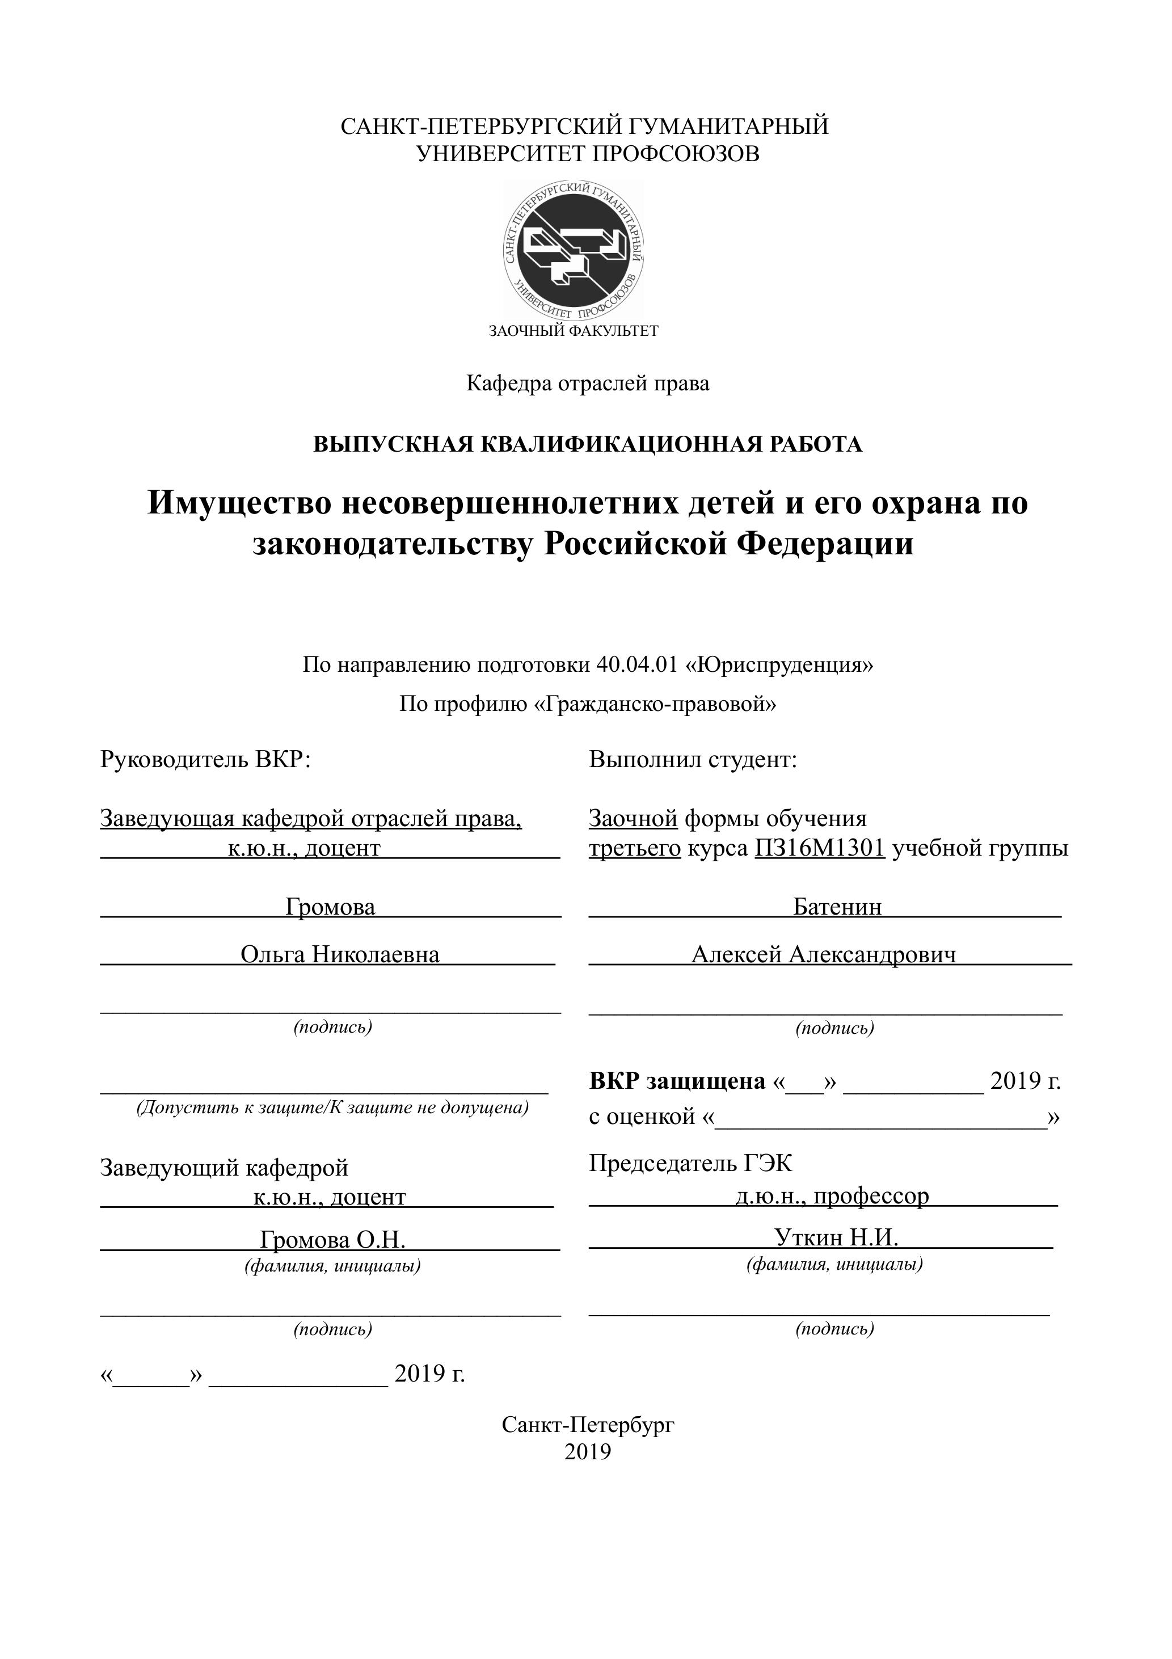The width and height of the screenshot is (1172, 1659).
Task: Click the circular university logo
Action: [x=574, y=250]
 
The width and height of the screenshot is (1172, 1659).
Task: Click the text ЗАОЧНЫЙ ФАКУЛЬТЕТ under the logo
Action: [x=574, y=332]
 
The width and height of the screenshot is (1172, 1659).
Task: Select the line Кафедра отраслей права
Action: [x=588, y=384]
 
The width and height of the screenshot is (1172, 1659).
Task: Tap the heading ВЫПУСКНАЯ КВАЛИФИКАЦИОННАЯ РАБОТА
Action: [x=588, y=444]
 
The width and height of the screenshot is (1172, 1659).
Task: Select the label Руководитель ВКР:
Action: [x=205, y=760]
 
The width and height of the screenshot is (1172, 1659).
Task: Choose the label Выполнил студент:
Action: [x=692, y=760]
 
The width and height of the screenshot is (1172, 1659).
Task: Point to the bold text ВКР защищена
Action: [x=677, y=1081]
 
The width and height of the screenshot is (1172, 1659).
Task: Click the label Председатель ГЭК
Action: [x=690, y=1163]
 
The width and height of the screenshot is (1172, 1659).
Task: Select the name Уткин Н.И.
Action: [x=836, y=1238]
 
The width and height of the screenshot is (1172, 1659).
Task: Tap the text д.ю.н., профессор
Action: [x=832, y=1197]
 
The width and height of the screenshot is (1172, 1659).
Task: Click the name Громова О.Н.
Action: [x=332, y=1240]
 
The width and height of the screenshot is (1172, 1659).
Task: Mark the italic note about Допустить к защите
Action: [x=332, y=1108]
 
